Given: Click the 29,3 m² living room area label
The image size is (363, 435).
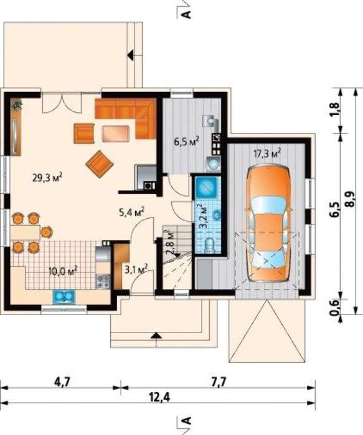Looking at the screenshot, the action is (47, 178).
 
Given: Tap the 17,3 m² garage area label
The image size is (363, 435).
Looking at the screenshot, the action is (267, 153).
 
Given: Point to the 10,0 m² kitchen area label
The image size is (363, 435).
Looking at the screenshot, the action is (63, 271).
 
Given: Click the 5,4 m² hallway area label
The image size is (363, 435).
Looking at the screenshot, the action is (131, 213).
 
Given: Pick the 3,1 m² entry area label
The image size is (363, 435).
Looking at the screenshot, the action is (136, 269).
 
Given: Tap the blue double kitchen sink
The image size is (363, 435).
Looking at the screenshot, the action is (64, 296).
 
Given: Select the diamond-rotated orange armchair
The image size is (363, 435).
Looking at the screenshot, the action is (100, 163).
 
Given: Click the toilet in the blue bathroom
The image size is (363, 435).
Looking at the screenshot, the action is (209, 245).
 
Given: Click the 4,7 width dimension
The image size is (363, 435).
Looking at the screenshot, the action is (61, 383).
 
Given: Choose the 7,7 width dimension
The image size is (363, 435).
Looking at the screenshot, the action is (218, 383).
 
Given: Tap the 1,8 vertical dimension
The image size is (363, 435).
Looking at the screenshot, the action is (336, 109).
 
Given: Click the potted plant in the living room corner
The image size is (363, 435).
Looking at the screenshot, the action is (17, 105).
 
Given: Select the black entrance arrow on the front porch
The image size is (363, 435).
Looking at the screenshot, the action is (156, 335).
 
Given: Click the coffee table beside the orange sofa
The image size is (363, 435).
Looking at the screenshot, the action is (116, 134).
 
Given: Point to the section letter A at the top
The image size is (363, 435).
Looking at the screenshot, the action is (187, 14).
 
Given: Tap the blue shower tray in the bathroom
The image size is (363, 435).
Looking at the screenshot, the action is (206, 186).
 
